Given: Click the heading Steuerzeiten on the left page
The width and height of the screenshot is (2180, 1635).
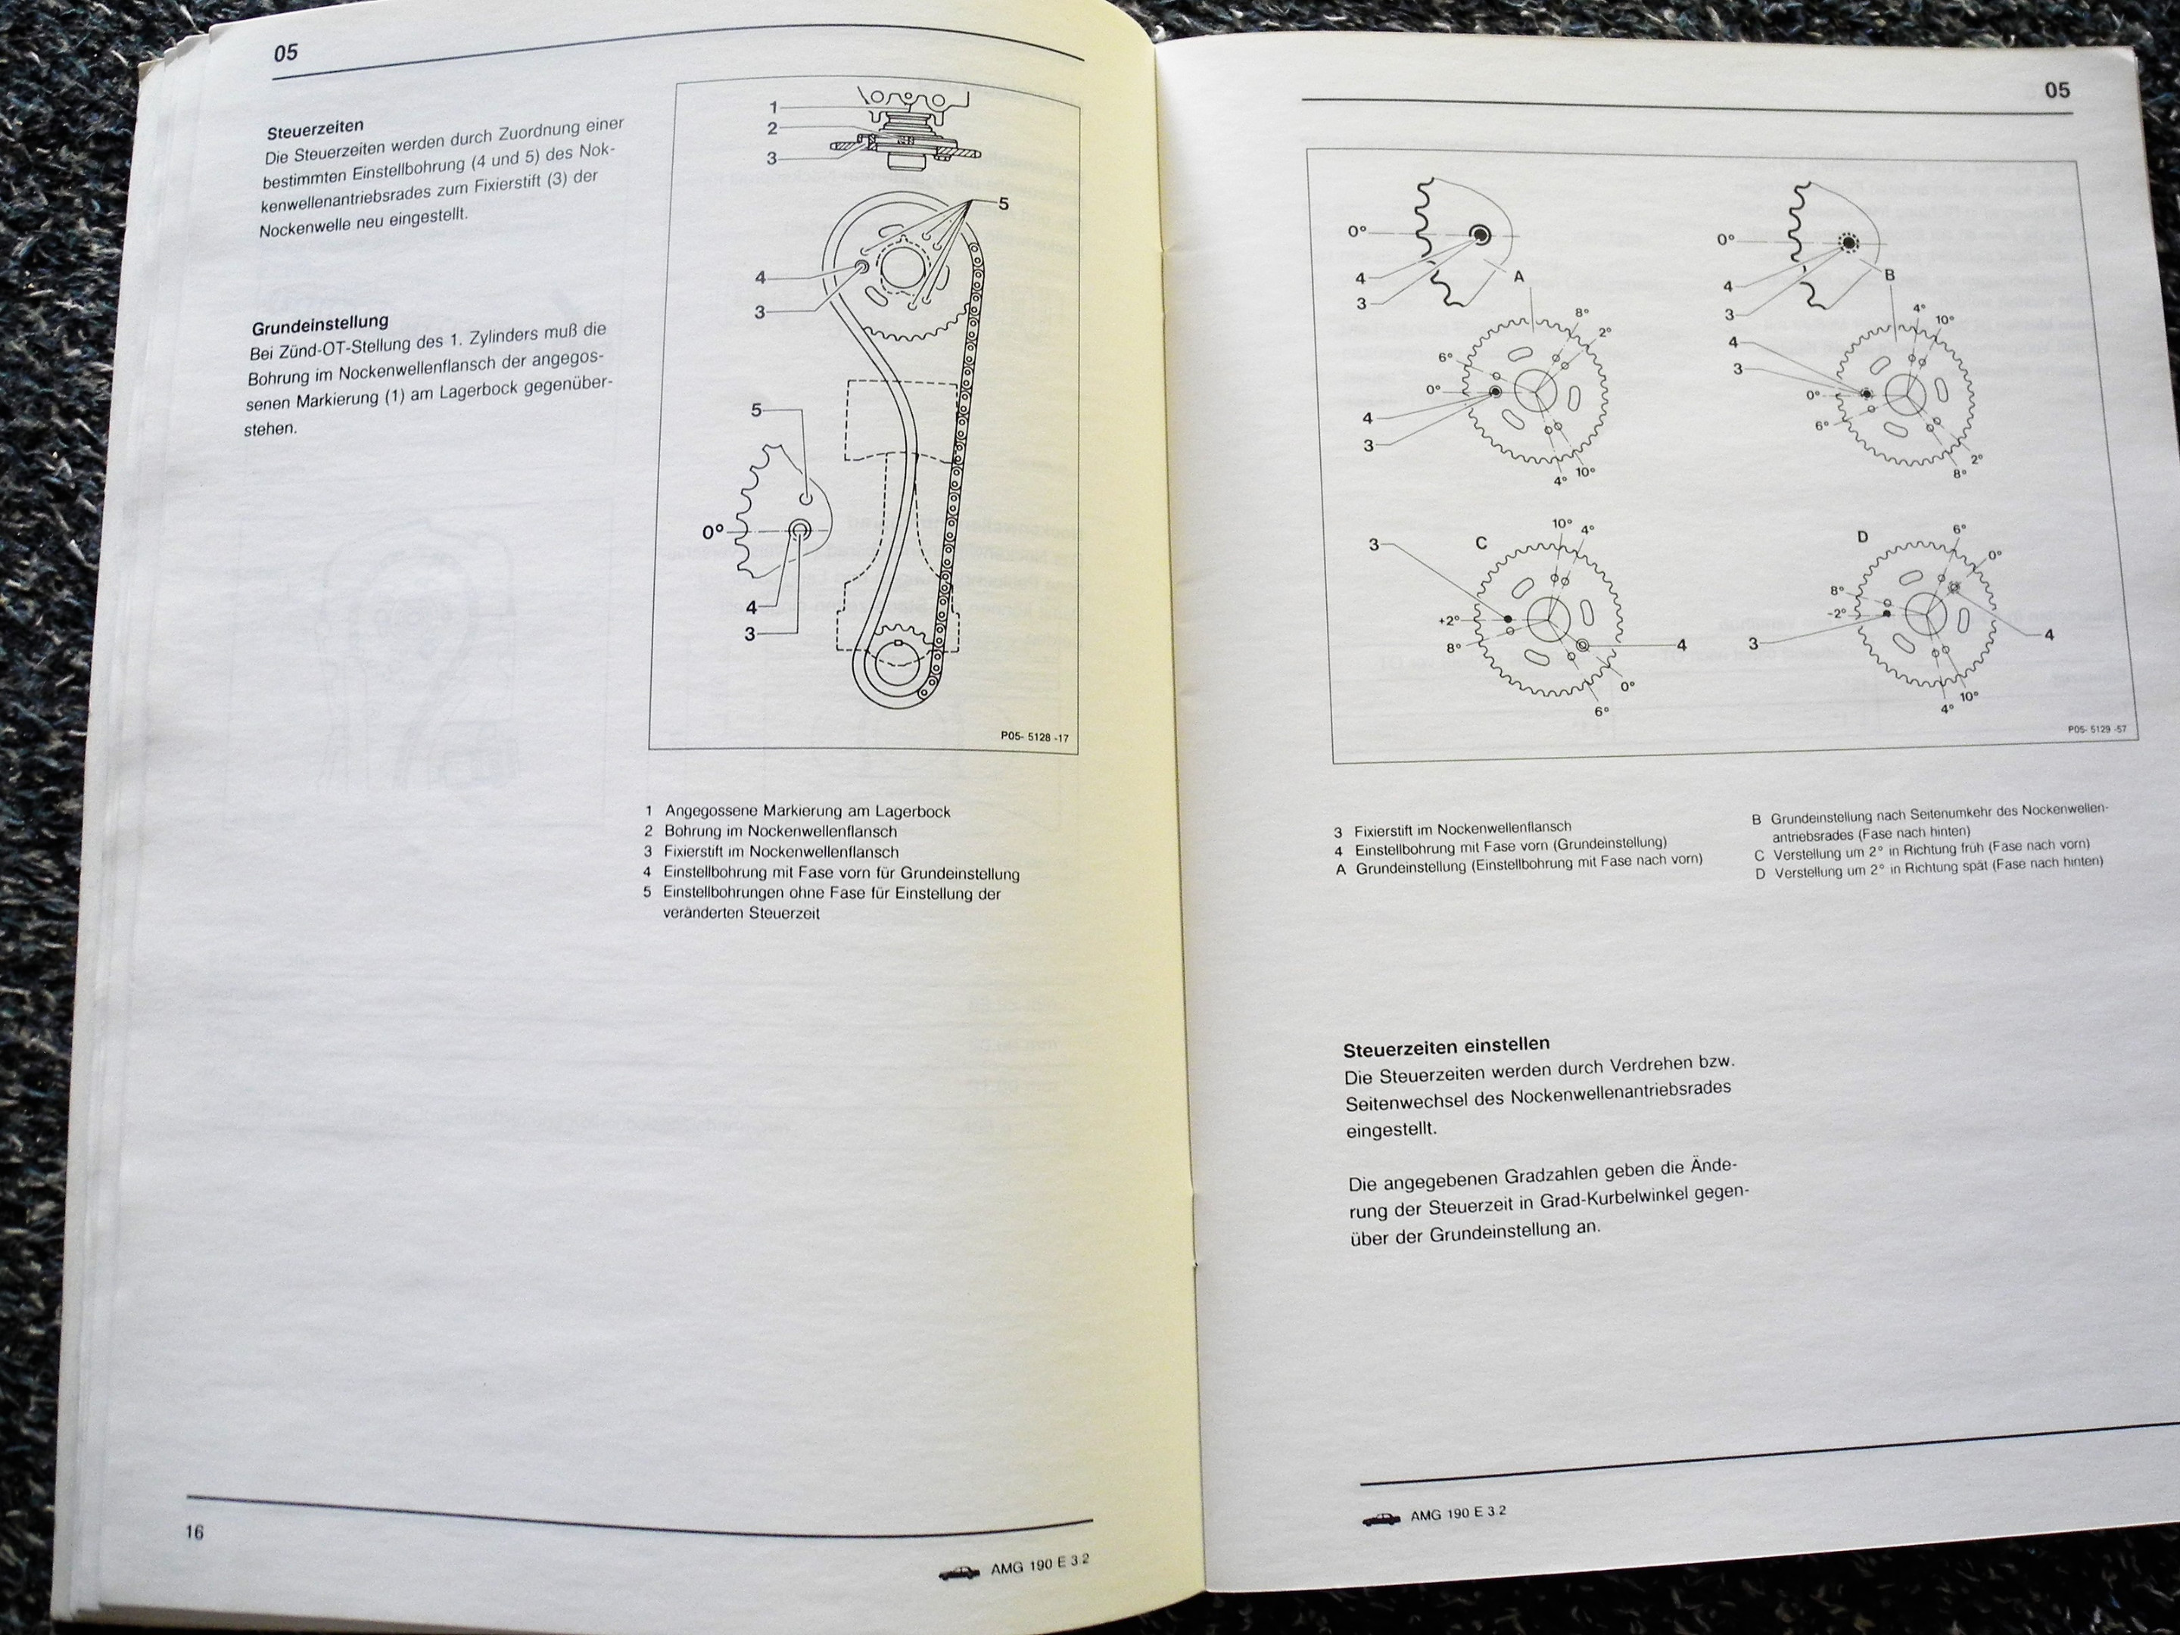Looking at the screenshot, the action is pyautogui.click(x=316, y=128).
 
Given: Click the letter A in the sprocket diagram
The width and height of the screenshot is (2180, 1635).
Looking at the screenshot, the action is pyautogui.click(x=1518, y=277).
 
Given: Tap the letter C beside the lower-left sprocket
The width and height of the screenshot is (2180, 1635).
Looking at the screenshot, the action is pyautogui.click(x=1481, y=542).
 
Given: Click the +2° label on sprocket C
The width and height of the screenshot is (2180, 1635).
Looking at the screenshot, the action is pyautogui.click(x=1448, y=621).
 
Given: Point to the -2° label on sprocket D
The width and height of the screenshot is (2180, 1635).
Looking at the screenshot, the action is pyautogui.click(x=1836, y=612).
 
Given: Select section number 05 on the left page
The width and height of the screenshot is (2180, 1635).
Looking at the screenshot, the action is pyautogui.click(x=286, y=53).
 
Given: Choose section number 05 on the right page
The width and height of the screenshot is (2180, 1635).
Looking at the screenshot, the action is pyautogui.click(x=2057, y=91).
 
